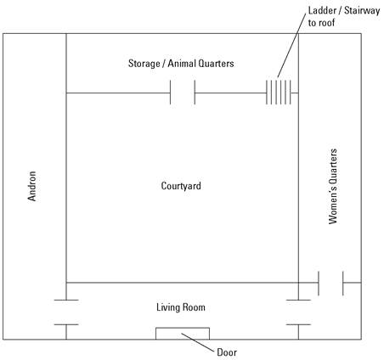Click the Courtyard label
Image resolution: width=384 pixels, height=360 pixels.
[181, 186]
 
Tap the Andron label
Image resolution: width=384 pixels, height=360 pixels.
[32, 186]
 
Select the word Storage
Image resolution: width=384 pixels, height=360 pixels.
[144, 64]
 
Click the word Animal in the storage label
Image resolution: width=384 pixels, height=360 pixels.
[182, 63]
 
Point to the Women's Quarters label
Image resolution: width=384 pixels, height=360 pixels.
[333, 187]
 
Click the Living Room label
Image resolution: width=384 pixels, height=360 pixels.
[181, 307]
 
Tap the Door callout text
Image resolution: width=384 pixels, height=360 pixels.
[227, 352]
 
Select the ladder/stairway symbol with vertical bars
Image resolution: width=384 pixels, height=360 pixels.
[279, 93]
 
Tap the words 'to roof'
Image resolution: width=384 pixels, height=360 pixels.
[321, 23]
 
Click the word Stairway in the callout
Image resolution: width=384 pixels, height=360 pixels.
[362, 11]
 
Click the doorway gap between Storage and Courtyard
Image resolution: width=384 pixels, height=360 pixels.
[183, 93]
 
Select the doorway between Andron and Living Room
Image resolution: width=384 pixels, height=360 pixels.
[66, 312]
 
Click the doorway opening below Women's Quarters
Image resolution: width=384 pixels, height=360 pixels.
[330, 283]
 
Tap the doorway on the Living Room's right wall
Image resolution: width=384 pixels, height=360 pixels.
[298, 312]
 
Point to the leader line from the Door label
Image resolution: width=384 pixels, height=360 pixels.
[198, 343]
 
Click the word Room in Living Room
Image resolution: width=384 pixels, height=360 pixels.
[194, 307]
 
